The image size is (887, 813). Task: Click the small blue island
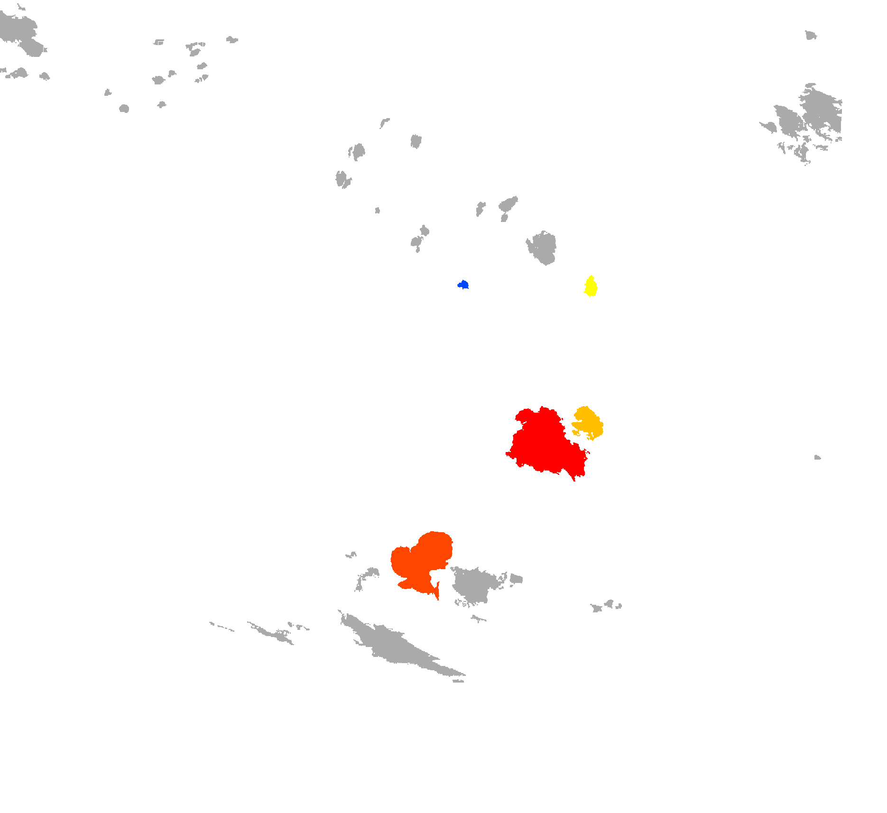[x=463, y=285]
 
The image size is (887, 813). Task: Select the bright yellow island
[x=591, y=286]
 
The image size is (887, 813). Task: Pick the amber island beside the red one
[x=588, y=422]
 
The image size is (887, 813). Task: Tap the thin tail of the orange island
[x=437, y=593]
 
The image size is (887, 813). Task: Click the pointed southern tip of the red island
[x=573, y=478]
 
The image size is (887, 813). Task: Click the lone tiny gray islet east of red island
[x=817, y=458]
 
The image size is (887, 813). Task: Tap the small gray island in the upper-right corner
[x=810, y=35]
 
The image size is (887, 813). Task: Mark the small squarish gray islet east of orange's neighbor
[x=516, y=579]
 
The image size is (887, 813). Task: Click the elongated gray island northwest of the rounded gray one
[x=508, y=204]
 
